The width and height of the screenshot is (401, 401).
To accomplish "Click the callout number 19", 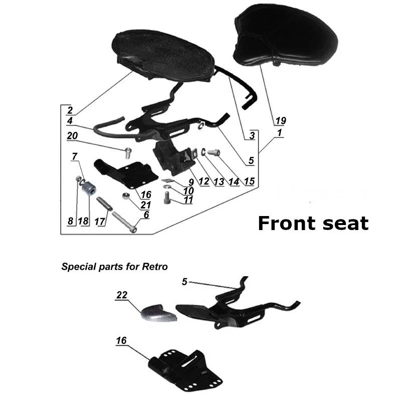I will point(280,120).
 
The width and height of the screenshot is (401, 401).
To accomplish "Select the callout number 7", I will point(75,157).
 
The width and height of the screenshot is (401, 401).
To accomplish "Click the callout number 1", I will point(279,133).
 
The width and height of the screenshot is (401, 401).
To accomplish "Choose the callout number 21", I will point(145,204).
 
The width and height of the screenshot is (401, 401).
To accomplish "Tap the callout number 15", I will point(249,181).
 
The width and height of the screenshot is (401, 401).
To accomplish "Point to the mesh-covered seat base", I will point(165,55).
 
